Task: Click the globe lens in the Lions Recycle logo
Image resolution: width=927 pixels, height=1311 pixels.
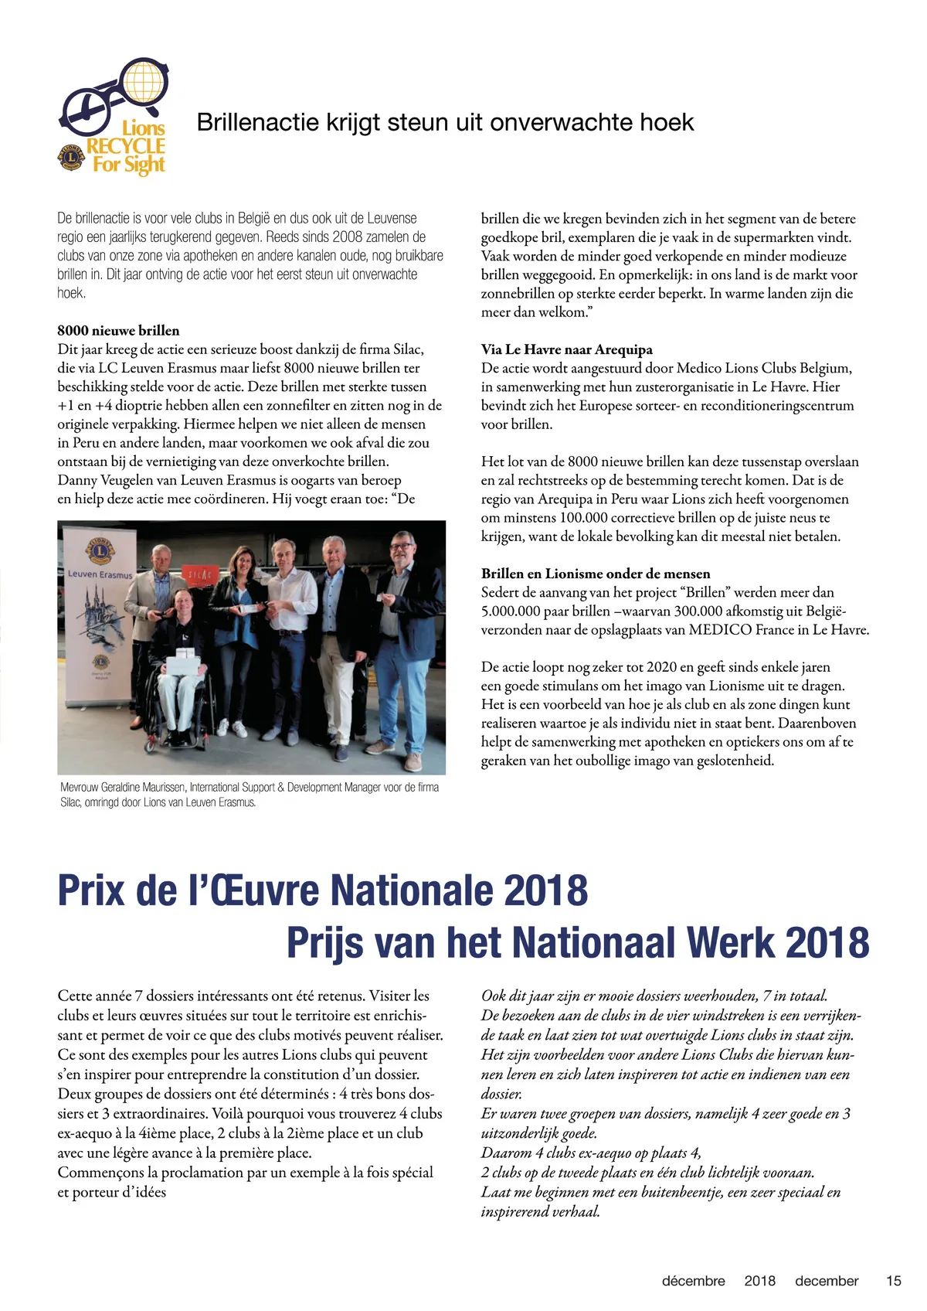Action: coord(145,83)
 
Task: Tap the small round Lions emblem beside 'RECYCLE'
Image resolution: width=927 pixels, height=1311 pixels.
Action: coord(71,156)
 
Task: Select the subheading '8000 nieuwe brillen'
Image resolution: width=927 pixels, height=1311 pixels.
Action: coord(118,331)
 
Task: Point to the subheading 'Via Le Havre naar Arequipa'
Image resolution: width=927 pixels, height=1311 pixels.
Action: coord(566,349)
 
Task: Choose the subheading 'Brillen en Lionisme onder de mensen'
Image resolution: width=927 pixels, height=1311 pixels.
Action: coord(595,574)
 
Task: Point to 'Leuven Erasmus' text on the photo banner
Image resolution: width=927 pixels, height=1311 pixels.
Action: coord(100,575)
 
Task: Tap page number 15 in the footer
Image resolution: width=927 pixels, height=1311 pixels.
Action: coord(893,1281)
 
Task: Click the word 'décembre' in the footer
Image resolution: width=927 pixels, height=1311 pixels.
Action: coord(693,1281)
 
